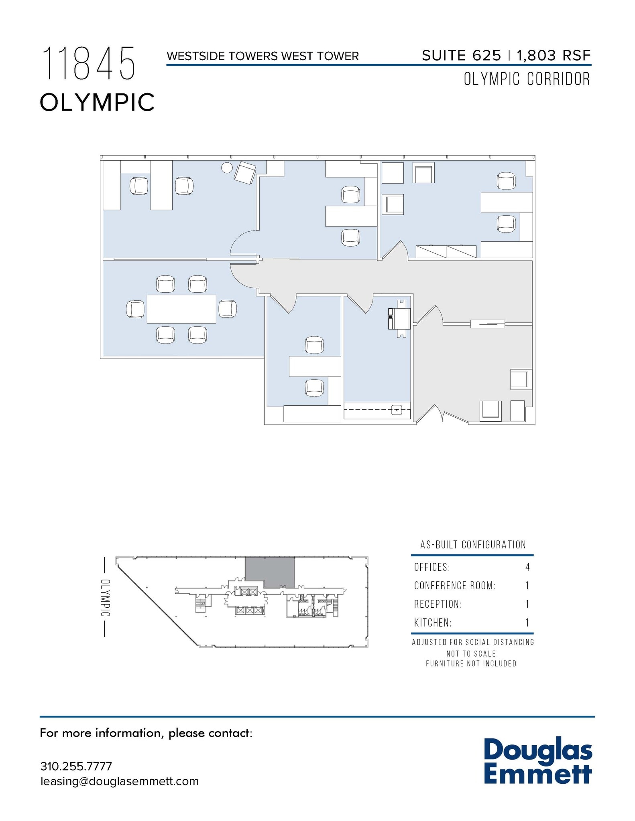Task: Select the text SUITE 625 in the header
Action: [461, 55]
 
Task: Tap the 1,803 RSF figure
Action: [554, 55]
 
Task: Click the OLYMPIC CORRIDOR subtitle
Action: [527, 79]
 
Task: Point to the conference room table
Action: [181, 309]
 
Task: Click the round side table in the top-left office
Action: [227, 168]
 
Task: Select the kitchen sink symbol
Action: [397, 410]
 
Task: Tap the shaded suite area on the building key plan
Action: [270, 572]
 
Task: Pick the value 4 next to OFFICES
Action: [527, 567]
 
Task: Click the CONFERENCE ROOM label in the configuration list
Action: [454, 586]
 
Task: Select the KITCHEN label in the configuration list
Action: [433, 623]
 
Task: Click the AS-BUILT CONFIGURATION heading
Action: [473, 544]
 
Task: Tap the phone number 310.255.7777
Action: [76, 766]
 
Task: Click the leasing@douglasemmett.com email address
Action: [119, 781]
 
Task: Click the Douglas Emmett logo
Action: [538, 762]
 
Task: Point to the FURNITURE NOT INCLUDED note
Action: [471, 663]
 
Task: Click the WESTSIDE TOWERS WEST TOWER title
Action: [263, 56]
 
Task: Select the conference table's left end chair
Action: [135, 309]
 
